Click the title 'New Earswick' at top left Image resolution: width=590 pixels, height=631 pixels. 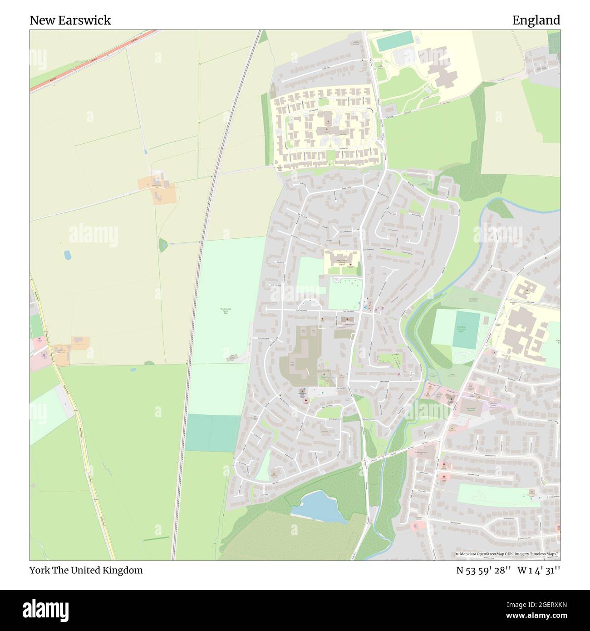(70, 20)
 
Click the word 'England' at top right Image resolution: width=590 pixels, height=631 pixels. (536, 20)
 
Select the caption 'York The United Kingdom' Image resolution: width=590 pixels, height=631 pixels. (86, 570)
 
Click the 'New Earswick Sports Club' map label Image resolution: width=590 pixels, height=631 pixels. (226, 311)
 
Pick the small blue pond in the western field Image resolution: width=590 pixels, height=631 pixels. (68, 255)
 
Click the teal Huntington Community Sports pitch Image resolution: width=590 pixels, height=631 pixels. (466, 330)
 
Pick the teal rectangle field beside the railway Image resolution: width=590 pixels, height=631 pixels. (213, 434)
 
